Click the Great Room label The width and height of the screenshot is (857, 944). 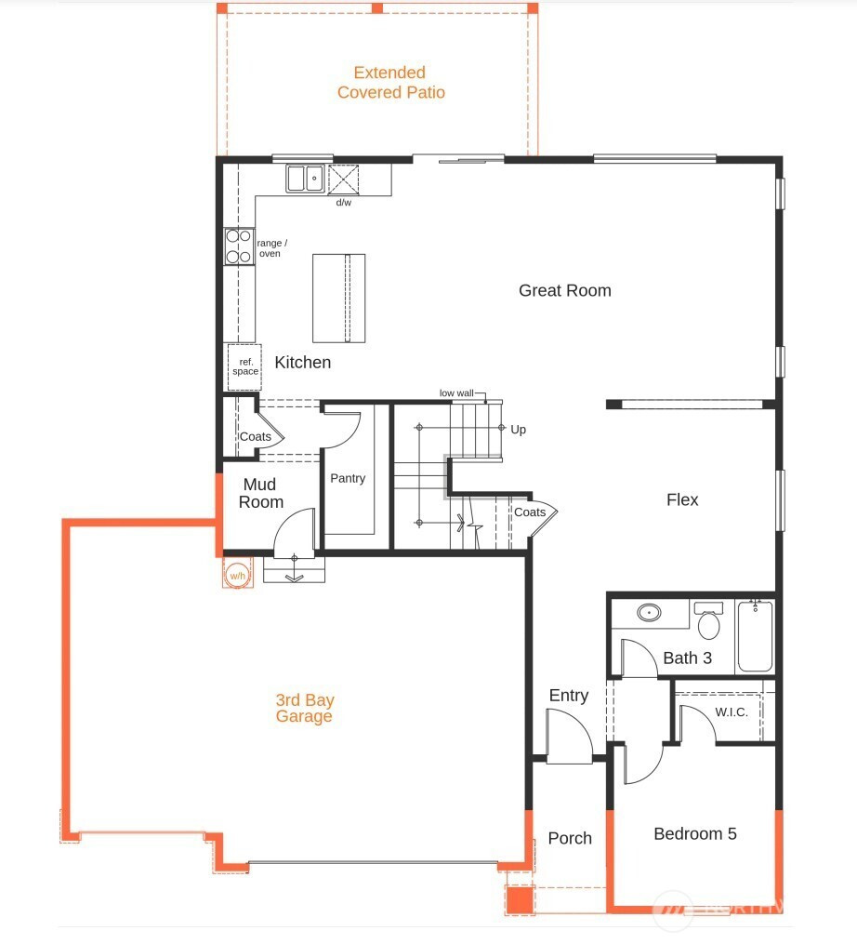(x=564, y=290)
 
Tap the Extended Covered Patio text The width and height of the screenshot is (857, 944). (x=390, y=83)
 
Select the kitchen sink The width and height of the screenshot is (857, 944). (x=305, y=179)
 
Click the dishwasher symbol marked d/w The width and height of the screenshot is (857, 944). (x=343, y=179)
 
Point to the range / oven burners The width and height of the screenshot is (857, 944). (x=239, y=246)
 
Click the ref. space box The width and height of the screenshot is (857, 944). (x=244, y=366)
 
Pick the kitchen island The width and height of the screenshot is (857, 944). (x=339, y=298)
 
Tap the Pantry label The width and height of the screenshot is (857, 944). (x=348, y=478)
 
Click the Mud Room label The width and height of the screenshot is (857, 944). (x=260, y=493)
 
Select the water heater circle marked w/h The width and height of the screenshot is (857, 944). (x=238, y=576)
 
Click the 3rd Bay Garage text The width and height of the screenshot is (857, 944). (x=305, y=708)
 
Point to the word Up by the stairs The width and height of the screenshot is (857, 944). (x=518, y=430)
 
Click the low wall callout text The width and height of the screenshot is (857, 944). (x=456, y=393)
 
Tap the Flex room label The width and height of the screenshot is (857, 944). (x=682, y=499)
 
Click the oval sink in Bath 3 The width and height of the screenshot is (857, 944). (x=650, y=612)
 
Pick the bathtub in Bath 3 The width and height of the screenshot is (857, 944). (x=756, y=635)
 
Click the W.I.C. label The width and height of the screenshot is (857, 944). (x=732, y=712)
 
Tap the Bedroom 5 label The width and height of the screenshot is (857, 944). (x=695, y=834)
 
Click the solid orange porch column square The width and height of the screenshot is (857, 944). (x=520, y=899)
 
